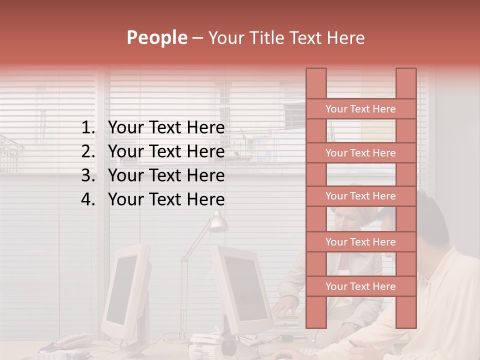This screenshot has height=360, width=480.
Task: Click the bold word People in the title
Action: point(156,37)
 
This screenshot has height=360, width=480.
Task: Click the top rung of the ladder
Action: point(360,109)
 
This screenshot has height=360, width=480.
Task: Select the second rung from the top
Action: point(360,153)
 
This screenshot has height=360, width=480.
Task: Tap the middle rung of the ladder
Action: point(360,196)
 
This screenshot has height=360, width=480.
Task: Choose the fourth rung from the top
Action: point(360,242)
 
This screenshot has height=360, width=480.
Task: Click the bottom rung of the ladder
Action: point(360,286)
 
